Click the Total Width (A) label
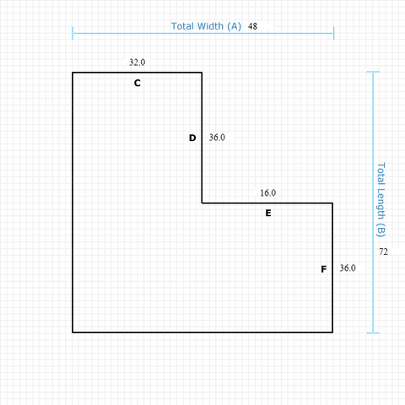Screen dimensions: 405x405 (206, 26)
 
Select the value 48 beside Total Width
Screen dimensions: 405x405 (252, 26)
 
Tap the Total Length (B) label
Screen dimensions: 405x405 (381, 200)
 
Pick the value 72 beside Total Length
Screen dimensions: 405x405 (383, 251)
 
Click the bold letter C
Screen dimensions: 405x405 (138, 83)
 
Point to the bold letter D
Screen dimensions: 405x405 (192, 138)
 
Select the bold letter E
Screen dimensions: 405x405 (268, 213)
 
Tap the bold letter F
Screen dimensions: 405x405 (324, 269)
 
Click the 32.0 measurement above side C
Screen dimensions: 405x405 (138, 62)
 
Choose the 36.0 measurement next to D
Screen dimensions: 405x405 (217, 138)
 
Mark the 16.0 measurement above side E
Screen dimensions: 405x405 (268, 192)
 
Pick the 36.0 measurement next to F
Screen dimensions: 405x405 (348, 267)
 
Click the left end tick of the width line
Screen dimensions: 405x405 (73, 33)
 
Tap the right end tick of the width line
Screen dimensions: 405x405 (334, 33)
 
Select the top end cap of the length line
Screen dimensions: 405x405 (373, 72)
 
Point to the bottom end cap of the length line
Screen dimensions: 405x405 (373, 333)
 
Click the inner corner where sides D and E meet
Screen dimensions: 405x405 (202, 202)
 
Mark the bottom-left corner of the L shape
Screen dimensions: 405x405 (73, 332)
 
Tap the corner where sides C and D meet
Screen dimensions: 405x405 (202, 73)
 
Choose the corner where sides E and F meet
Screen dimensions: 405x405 (332, 202)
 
